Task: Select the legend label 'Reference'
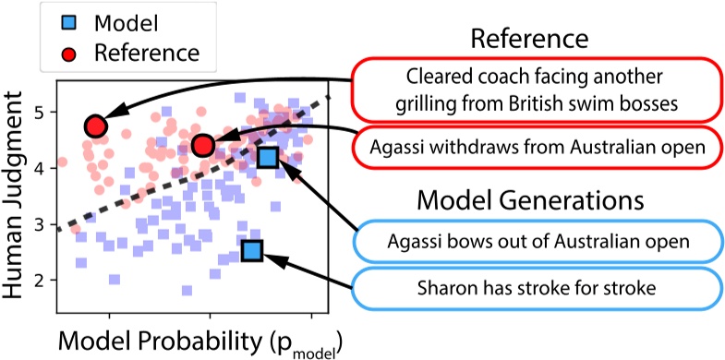[x=147, y=53]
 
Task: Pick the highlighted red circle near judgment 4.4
[x=204, y=145]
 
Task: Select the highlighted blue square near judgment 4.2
[x=268, y=158]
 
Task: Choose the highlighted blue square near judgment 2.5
[x=251, y=249]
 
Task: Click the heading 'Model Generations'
[x=530, y=199]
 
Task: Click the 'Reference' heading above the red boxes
[x=529, y=39]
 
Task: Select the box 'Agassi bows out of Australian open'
[x=537, y=244]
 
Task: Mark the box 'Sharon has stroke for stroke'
[x=537, y=289]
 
